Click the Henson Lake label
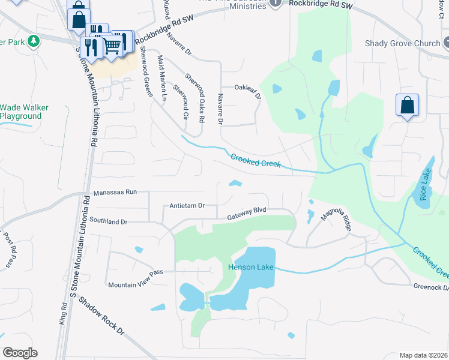click(251, 267)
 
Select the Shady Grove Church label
click(403, 43)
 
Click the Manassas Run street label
click(115, 192)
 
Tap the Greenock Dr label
click(430, 287)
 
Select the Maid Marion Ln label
click(161, 76)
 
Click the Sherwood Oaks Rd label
click(194, 98)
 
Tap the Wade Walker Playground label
click(24, 112)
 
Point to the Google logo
click(20, 352)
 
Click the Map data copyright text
click(423, 355)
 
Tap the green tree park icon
click(35, 41)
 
